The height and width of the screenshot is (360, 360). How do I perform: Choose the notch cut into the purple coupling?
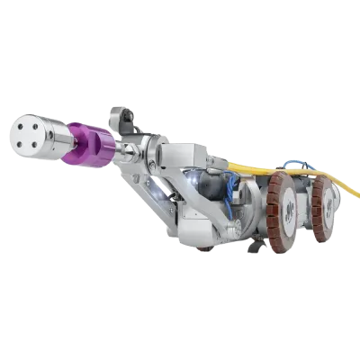pyautogui.click(x=99, y=153)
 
